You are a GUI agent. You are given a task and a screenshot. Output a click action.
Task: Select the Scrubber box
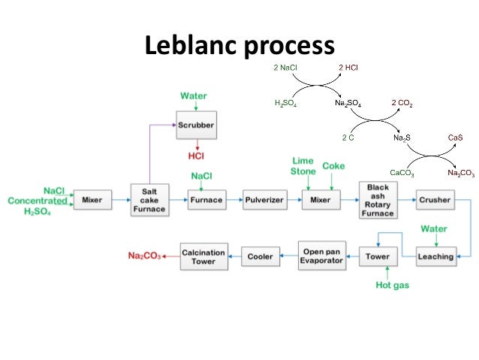(x=196, y=125)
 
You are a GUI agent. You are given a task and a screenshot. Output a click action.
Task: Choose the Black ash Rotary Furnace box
(x=377, y=199)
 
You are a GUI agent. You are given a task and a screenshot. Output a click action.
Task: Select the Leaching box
(x=435, y=256)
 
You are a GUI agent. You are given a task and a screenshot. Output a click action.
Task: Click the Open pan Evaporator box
(x=321, y=256)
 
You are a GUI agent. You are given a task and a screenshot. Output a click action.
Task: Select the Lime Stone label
(x=303, y=166)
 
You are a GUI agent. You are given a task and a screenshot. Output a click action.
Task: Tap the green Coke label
(x=333, y=165)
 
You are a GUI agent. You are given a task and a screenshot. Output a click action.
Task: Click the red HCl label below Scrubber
(x=196, y=156)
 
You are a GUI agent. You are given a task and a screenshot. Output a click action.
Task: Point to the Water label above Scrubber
(x=194, y=96)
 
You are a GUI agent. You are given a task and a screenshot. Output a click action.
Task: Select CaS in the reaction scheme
(x=455, y=138)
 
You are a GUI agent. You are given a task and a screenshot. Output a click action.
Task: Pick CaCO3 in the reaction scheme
(x=402, y=172)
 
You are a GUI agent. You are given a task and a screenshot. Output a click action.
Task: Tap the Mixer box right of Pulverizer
(x=321, y=200)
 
